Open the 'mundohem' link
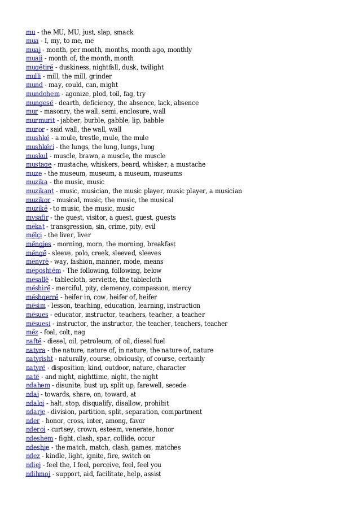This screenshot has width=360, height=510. coord(42,94)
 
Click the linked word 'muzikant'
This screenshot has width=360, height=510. coord(40,191)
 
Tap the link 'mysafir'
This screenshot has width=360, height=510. coord(37,217)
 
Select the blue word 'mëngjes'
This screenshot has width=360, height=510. coord(38,244)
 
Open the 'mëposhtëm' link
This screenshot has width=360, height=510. coord(43,271)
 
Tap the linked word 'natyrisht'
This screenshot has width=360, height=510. coord(40,359)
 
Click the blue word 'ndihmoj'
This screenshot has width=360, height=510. coord(38,474)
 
